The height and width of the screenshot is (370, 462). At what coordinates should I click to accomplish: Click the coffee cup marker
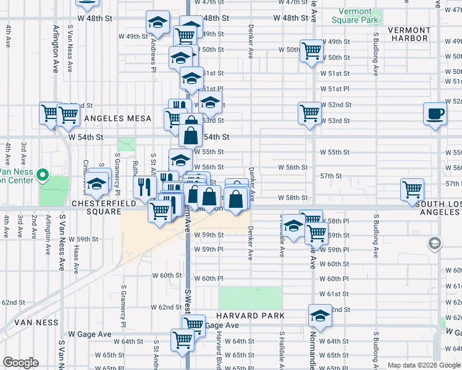[x=435, y=114]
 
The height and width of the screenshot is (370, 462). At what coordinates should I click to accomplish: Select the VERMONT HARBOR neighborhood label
[x=409, y=34]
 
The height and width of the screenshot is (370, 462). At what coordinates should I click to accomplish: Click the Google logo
[x=20, y=363]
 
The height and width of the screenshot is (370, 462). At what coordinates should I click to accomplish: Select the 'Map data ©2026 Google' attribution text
[x=424, y=365]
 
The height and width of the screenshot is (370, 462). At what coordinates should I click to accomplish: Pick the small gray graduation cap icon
[x=434, y=244]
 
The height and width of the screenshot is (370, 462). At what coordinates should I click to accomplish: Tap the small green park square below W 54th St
[x=126, y=145]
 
